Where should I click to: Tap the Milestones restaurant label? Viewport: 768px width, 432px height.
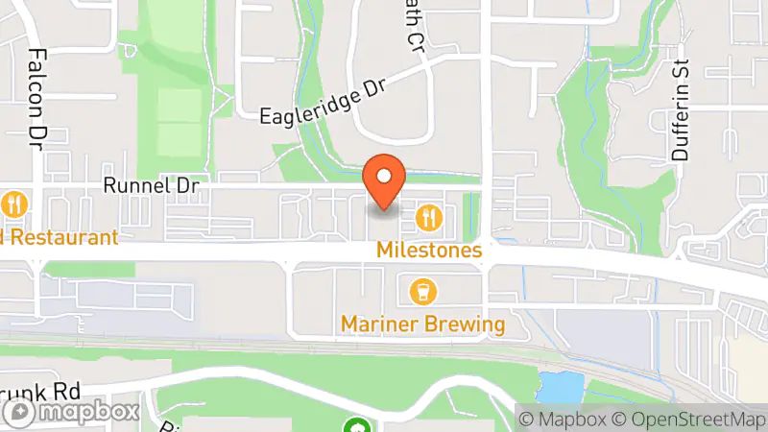tap(429, 250)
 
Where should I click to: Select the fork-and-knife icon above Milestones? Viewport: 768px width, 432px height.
tap(429, 218)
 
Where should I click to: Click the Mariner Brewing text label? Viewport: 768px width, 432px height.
tap(422, 324)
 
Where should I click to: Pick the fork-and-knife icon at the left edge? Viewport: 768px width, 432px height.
tap(14, 204)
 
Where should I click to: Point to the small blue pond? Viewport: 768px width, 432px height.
tap(561, 387)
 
